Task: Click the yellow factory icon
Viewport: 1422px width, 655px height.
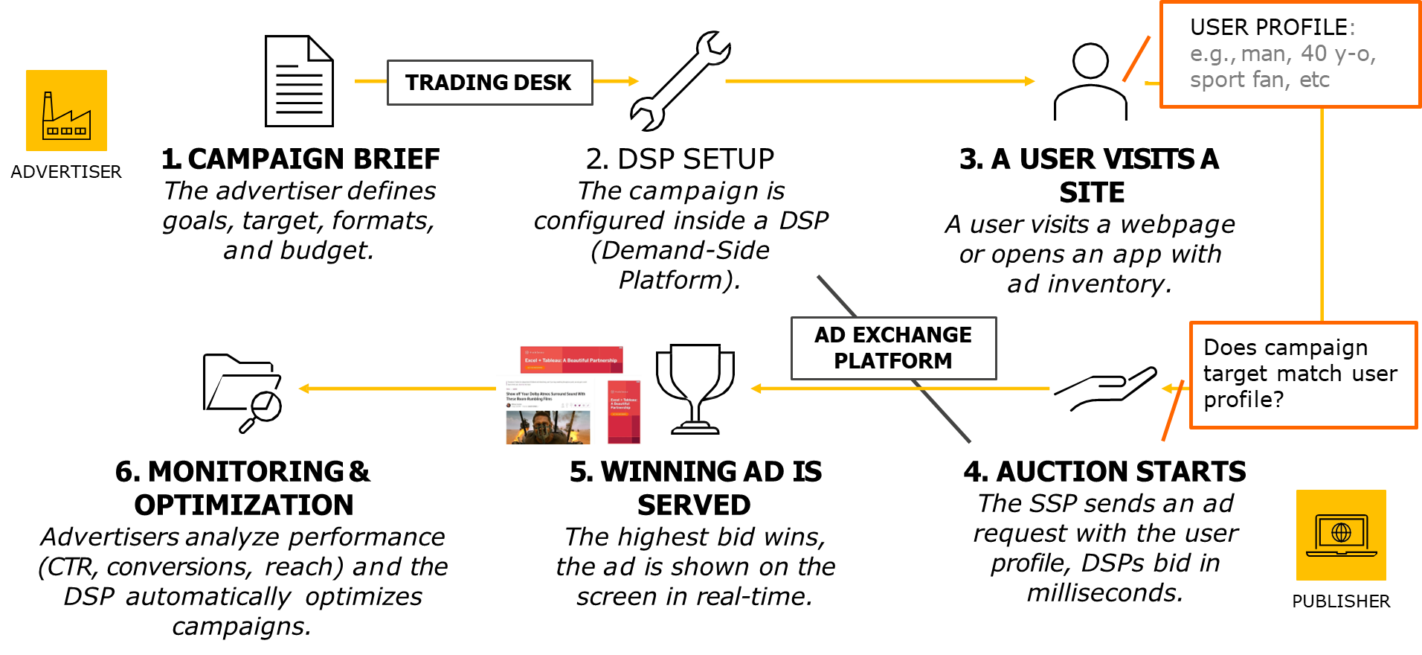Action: point(66,111)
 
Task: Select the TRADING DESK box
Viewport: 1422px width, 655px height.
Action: point(489,83)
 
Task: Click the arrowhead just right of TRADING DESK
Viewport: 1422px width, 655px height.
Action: point(634,81)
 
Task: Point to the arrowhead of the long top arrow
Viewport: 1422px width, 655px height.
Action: point(1030,81)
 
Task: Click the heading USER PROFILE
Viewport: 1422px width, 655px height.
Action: point(1269,28)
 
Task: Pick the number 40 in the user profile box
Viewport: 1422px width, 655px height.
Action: point(1313,54)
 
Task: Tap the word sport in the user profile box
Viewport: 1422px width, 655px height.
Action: point(1210,80)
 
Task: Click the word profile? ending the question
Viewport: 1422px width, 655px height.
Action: point(1244,400)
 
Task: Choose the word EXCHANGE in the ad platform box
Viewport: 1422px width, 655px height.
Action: point(912,335)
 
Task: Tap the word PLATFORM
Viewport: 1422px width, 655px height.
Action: point(892,361)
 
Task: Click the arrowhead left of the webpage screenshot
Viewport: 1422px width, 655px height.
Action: point(303,389)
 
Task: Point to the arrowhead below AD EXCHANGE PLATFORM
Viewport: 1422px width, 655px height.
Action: point(756,389)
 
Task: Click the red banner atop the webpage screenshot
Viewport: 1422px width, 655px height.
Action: point(571,360)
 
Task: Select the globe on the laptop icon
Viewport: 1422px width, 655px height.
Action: point(1341,532)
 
